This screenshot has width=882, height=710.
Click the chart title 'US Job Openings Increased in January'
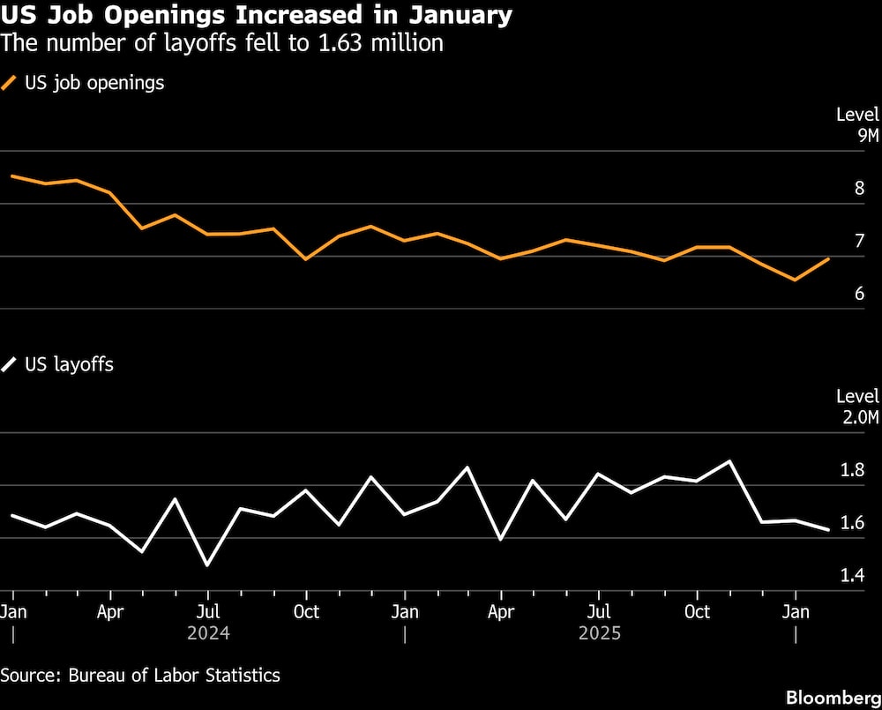point(256,15)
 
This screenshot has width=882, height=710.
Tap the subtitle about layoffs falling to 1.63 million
point(221,42)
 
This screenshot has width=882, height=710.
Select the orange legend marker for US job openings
point(10,84)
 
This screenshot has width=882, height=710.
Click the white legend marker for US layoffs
point(10,364)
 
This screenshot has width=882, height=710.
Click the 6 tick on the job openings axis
point(859,294)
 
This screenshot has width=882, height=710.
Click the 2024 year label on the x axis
point(208,633)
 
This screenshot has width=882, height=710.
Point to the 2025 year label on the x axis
point(600,633)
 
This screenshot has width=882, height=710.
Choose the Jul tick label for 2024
point(207,611)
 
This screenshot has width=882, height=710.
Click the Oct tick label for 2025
point(698,611)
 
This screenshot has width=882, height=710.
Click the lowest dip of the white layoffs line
point(207,565)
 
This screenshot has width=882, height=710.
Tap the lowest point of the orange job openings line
point(796,280)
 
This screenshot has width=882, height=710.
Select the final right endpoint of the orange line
point(828,258)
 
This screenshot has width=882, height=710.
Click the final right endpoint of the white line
point(828,530)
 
